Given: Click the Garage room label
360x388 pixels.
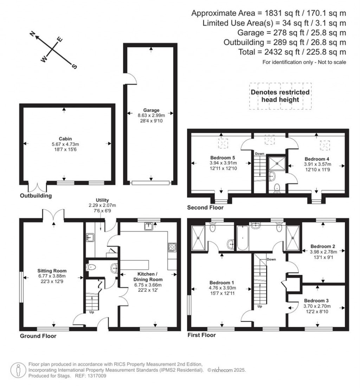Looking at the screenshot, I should coord(151,110).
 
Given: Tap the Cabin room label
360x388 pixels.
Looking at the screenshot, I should coord(64,138).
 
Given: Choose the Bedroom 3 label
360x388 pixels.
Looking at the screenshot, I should coord(316,300).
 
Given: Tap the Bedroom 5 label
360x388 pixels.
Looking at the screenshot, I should coord(221,158).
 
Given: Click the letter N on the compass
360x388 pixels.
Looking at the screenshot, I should coord(33,34).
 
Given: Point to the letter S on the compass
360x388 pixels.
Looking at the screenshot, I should coord(74,66).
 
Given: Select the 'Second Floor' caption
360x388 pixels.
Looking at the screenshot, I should coord(205,208).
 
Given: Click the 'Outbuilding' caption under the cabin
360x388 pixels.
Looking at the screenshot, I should coord(36,196).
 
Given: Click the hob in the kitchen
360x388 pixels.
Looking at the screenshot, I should coord(172,247).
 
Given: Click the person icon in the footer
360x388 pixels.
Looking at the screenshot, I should coord(18,370).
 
